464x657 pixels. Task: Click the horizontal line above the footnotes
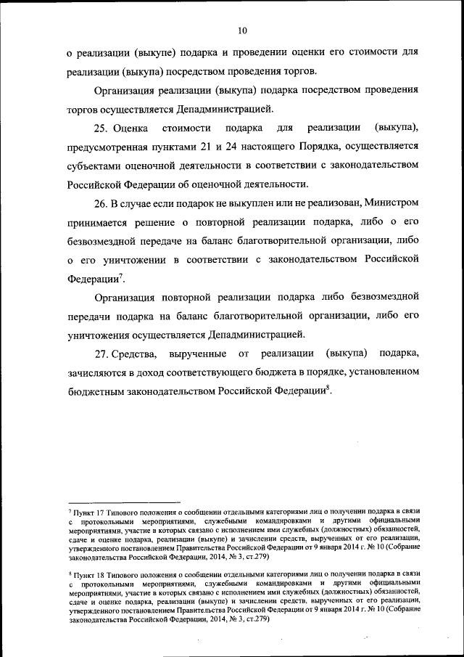pyautogui.click(x=123, y=501)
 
